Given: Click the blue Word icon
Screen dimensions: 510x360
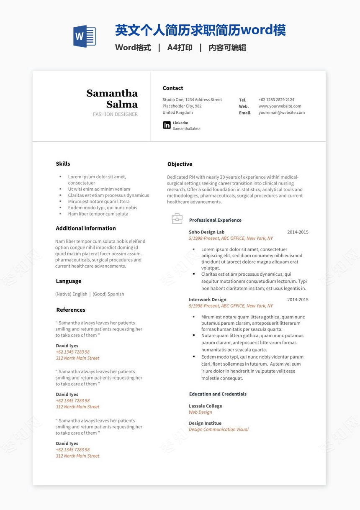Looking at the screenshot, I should tap(85, 36).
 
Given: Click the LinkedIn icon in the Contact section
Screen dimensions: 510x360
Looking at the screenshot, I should tap(167, 125).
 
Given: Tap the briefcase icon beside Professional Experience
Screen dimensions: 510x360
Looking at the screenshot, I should tap(177, 219).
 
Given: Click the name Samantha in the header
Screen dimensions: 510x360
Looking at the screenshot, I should tap(112, 93).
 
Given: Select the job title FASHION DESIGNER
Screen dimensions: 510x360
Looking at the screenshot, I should tap(115, 114).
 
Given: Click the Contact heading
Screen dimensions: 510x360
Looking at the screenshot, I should tap(173, 88).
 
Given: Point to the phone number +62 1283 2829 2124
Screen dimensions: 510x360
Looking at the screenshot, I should tap(276, 100).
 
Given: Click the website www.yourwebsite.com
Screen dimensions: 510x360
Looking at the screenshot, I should tap(280, 106).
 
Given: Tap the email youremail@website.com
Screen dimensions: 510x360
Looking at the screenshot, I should tap(281, 113).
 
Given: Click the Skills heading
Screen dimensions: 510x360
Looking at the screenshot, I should tap(63, 164).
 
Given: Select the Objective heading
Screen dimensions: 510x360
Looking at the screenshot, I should tap(180, 164).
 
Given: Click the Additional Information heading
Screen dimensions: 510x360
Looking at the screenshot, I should tap(86, 228).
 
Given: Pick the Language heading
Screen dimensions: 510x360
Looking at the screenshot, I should tap(69, 281).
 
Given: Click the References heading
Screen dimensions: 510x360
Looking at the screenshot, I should tap(71, 310).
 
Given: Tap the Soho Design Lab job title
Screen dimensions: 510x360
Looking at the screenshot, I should tap(206, 232).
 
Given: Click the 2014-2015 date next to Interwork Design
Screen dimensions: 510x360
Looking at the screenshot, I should tap(298, 300).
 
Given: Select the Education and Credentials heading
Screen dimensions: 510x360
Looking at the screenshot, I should tap(218, 394).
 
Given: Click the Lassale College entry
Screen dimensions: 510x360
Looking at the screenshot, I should tap(206, 406).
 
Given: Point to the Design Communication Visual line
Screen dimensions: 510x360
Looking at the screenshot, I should tap(219, 430).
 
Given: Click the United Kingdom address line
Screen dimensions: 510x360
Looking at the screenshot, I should tap(178, 113).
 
